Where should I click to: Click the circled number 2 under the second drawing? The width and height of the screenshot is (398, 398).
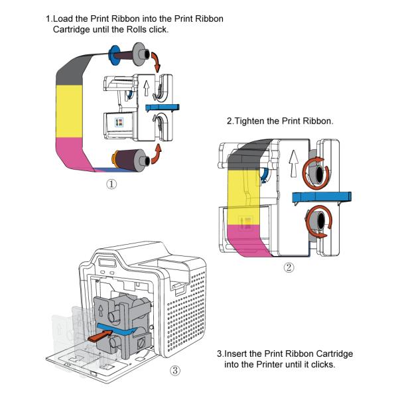coord(289,268)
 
